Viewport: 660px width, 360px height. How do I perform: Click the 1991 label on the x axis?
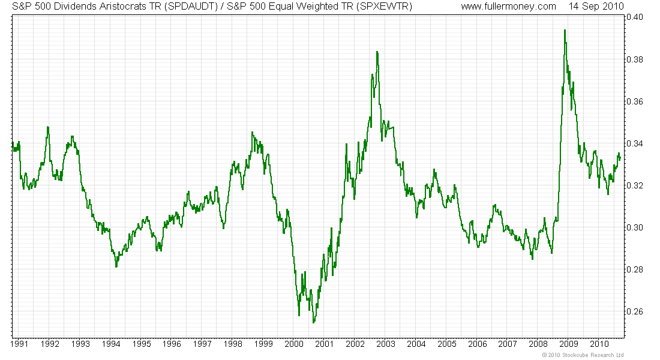[20, 344]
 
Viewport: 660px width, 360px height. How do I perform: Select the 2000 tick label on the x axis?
[294, 344]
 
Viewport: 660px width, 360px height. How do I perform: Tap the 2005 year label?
[446, 344]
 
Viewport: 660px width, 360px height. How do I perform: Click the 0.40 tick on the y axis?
[635, 17]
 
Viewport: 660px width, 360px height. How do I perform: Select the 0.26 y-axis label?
[635, 311]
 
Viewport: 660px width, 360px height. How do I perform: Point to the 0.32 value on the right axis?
[635, 185]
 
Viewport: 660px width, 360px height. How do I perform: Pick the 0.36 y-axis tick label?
[635, 101]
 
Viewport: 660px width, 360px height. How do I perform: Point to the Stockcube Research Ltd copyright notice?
[583, 355]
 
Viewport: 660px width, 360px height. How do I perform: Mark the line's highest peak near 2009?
[565, 30]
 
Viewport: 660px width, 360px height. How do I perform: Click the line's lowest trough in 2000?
[313, 323]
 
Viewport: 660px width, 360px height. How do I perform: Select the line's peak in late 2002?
[377, 52]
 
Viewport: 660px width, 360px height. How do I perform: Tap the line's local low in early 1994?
[116, 266]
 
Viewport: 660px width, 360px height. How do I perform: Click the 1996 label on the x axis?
[172, 344]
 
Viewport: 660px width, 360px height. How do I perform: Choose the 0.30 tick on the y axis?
[635, 227]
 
